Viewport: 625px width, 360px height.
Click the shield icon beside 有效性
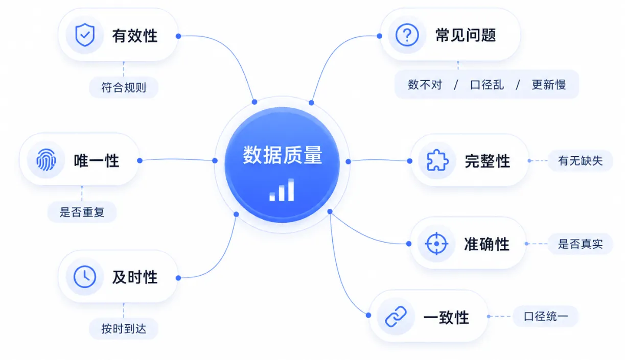[x=85, y=35]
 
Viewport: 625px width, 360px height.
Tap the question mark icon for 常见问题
[x=407, y=35]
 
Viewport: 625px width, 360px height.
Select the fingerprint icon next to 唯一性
[x=46, y=160]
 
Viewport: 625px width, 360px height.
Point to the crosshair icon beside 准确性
[x=436, y=244]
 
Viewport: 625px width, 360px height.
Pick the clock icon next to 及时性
[x=85, y=277]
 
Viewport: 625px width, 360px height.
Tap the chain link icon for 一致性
[x=396, y=316]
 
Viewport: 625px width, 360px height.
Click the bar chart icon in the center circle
[x=282, y=189]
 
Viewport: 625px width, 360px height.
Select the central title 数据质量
[x=283, y=155]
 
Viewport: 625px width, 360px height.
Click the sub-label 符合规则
[x=124, y=87]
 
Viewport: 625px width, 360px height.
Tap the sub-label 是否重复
[x=82, y=212]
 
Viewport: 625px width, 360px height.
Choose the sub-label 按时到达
[x=124, y=329]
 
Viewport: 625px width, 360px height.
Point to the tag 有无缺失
[x=581, y=161]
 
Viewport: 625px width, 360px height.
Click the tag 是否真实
[x=581, y=244]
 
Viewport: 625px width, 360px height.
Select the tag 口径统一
[x=546, y=317]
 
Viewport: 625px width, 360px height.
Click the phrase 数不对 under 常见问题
[x=425, y=84]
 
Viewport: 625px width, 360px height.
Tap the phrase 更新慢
[x=549, y=84]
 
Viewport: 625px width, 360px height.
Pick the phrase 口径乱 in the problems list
[x=487, y=84]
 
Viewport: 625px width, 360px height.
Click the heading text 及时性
[x=135, y=277]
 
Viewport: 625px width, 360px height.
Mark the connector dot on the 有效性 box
[x=178, y=36]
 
